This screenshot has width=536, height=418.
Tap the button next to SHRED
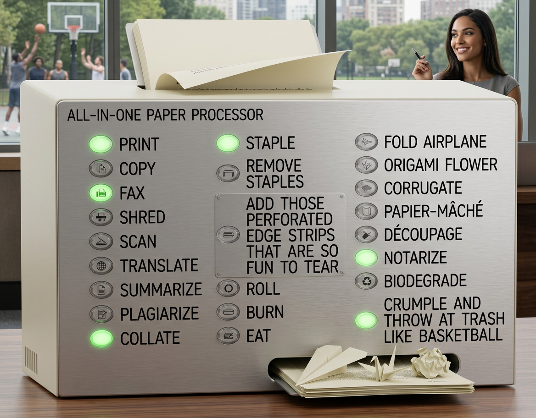101,217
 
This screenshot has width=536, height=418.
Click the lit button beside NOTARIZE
366,258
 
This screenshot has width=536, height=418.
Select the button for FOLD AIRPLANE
366,142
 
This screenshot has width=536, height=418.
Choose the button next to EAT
228,335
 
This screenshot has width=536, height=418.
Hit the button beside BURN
228,312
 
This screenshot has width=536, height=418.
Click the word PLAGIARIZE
159,314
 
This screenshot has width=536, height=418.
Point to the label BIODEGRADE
425,281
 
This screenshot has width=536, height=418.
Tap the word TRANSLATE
159,266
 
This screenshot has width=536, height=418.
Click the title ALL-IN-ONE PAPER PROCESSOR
165,115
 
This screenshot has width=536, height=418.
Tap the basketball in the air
40,28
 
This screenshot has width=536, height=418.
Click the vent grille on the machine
31,360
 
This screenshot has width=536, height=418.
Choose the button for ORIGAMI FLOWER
366,165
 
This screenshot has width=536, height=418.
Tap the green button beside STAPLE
228,143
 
